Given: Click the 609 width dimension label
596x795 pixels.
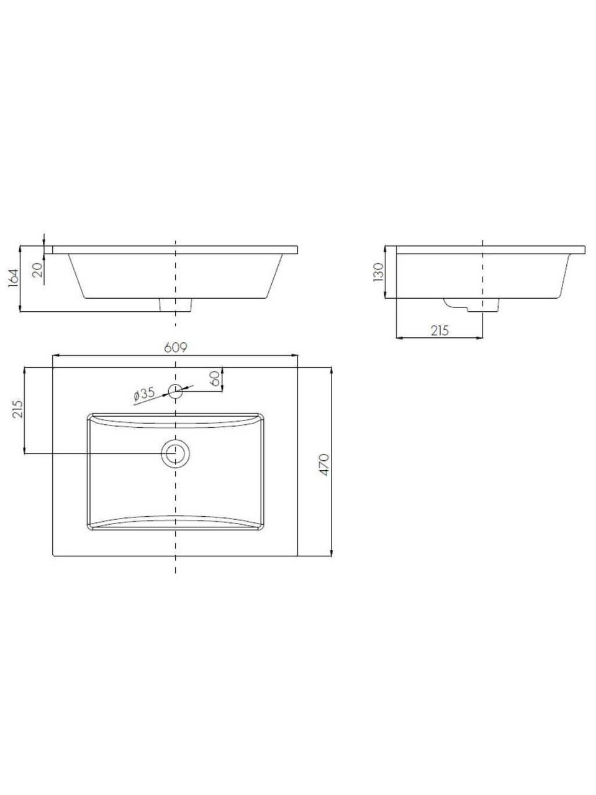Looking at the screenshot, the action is click(176, 347).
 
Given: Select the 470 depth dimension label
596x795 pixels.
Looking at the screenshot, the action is click(324, 465).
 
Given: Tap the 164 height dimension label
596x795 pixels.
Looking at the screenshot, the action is click(14, 278).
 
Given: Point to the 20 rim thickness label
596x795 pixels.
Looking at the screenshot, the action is click(38, 270).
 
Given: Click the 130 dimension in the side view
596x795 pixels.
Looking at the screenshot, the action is click(378, 273).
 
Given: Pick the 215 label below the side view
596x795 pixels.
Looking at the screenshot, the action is click(440, 330).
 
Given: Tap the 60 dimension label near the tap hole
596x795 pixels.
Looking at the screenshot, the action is click(215, 379).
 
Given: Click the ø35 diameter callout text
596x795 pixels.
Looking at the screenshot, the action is click(144, 394).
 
